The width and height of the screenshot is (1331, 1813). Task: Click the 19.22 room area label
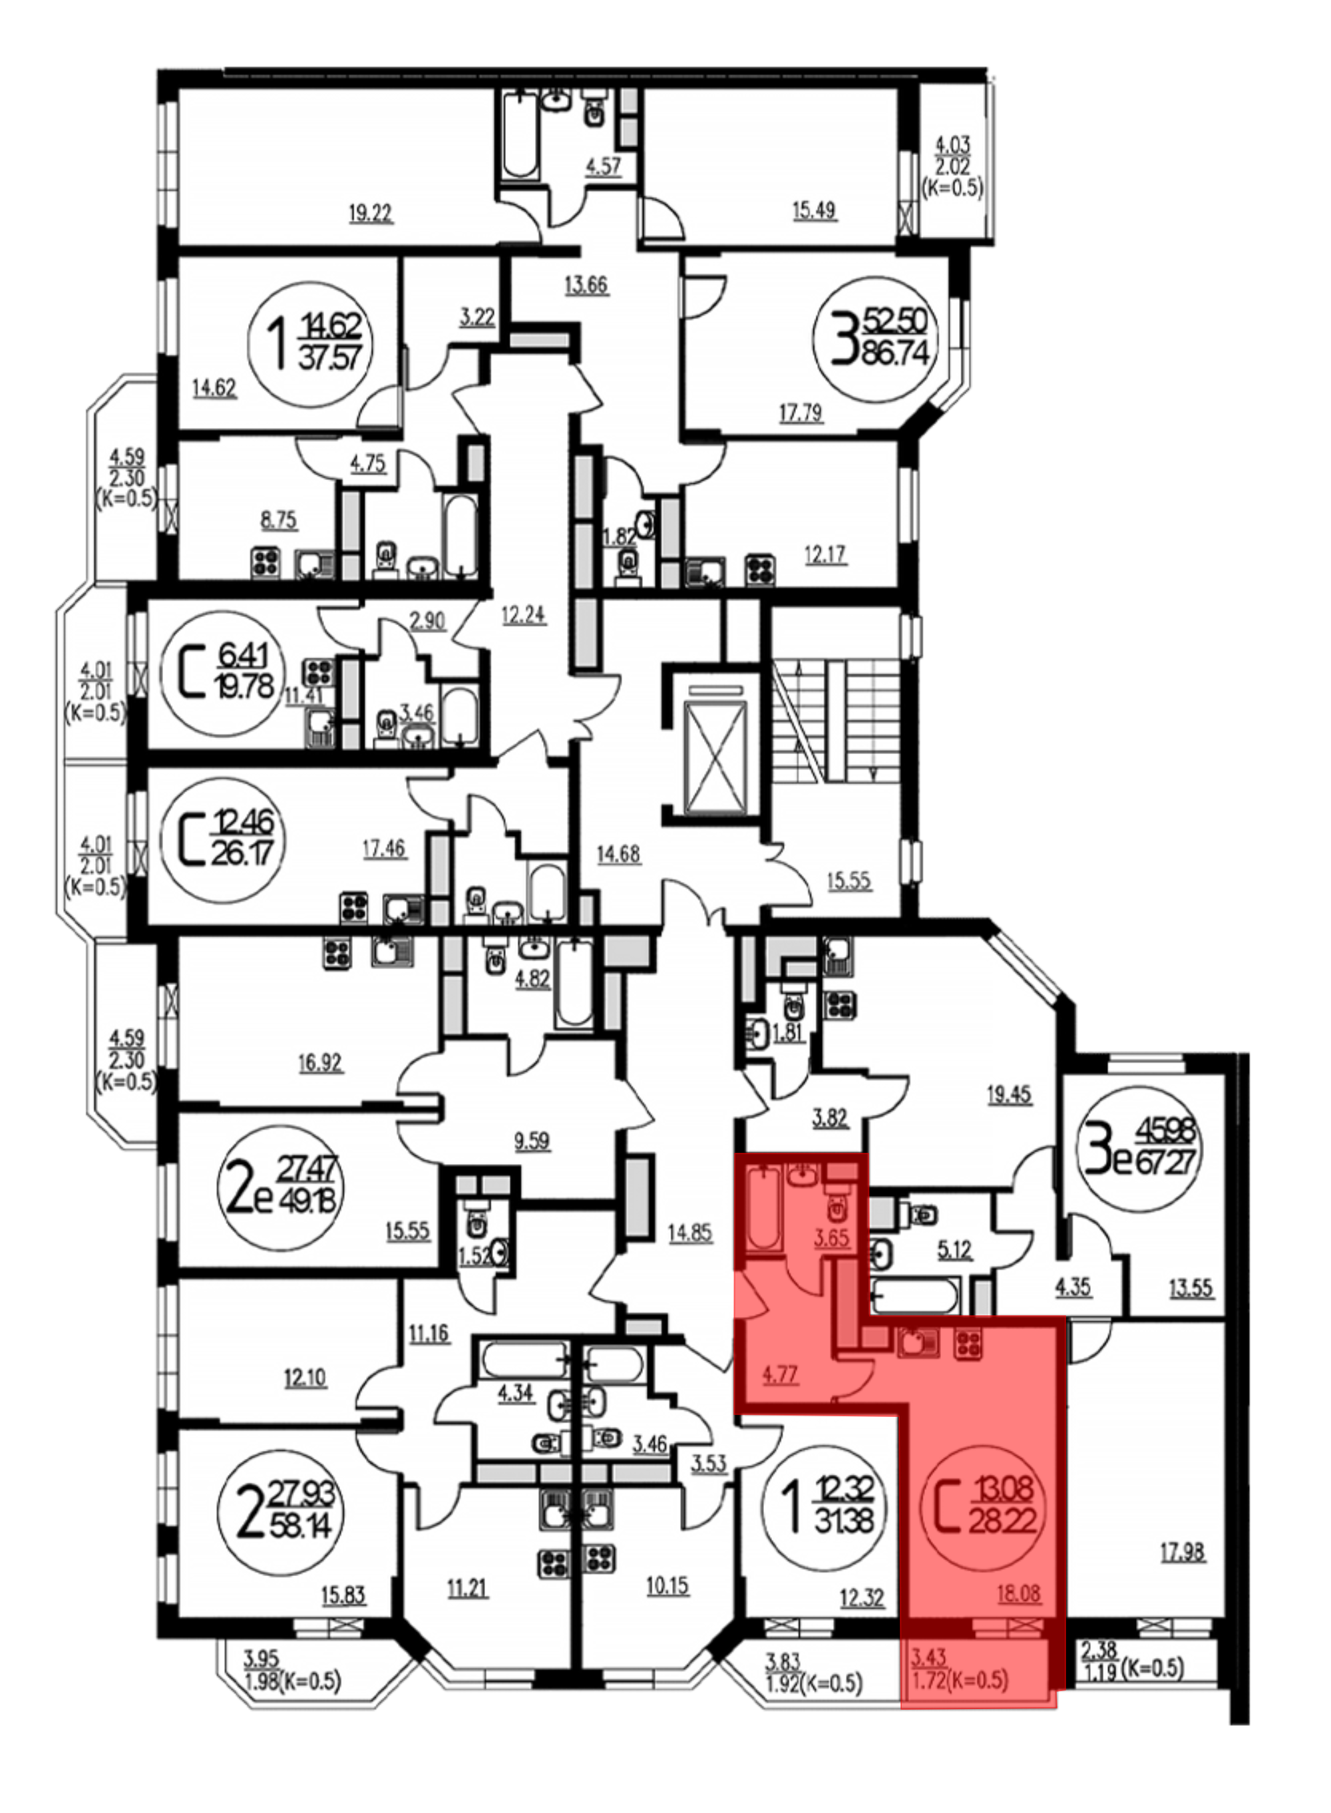click(x=371, y=214)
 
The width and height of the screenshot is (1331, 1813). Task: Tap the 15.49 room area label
click(x=814, y=211)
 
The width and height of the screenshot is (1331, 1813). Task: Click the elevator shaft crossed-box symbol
click(x=715, y=757)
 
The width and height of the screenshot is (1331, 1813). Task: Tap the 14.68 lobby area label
click(x=618, y=854)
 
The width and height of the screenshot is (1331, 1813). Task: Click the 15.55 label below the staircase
click(x=849, y=881)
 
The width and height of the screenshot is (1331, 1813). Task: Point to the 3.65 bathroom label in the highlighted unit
click(x=831, y=1238)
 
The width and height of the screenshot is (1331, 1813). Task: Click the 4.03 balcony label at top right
click(x=952, y=146)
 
